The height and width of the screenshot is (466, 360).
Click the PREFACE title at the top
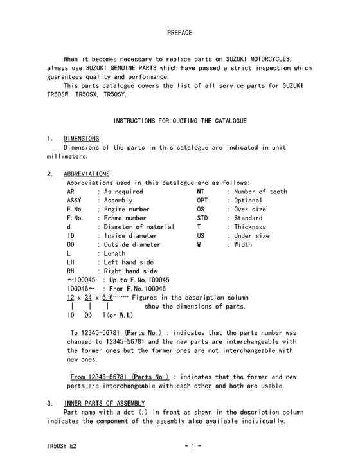click(179, 31)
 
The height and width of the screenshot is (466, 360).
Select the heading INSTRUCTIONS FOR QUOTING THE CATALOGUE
click(180, 120)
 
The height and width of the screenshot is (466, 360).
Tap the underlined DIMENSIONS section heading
click(81, 138)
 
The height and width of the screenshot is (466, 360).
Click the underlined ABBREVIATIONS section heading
click(87, 174)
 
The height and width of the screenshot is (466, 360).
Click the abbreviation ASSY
click(75, 201)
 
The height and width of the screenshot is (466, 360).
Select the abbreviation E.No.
click(75, 210)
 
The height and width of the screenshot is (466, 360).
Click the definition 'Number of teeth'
click(260, 192)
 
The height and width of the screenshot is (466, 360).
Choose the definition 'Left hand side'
click(129, 262)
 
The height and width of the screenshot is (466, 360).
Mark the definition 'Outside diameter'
click(132, 245)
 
